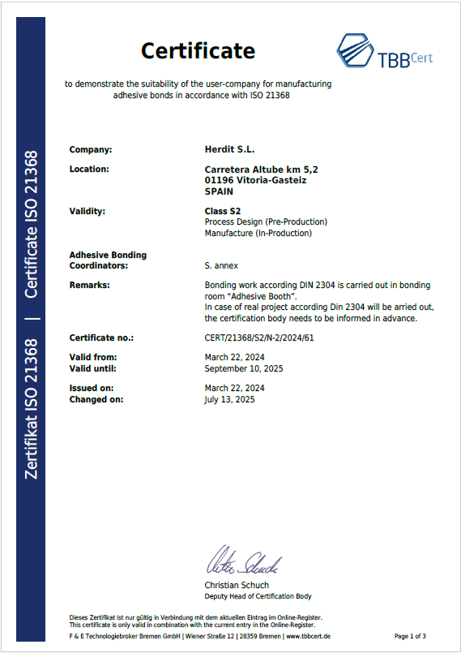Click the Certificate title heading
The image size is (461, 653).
[x=198, y=51]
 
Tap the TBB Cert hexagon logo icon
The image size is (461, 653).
[x=355, y=50]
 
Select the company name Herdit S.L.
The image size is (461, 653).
[x=231, y=149]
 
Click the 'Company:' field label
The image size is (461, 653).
[x=91, y=149]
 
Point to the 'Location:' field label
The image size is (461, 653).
[x=89, y=170]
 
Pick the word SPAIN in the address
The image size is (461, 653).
[x=219, y=192]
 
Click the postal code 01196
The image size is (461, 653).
[x=218, y=181]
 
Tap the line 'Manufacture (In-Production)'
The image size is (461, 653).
[x=258, y=233]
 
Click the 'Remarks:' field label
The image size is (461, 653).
[x=89, y=286]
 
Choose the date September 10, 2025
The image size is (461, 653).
[x=244, y=368]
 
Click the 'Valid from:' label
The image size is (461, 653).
[x=93, y=357]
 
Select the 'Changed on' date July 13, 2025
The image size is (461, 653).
[x=230, y=399]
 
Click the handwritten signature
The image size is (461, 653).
[x=244, y=562]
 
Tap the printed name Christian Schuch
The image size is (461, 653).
[x=237, y=585]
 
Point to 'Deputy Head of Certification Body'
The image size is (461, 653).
[x=258, y=596]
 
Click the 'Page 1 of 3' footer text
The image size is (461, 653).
[x=410, y=636]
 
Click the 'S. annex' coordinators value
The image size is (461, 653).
[x=222, y=265]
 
